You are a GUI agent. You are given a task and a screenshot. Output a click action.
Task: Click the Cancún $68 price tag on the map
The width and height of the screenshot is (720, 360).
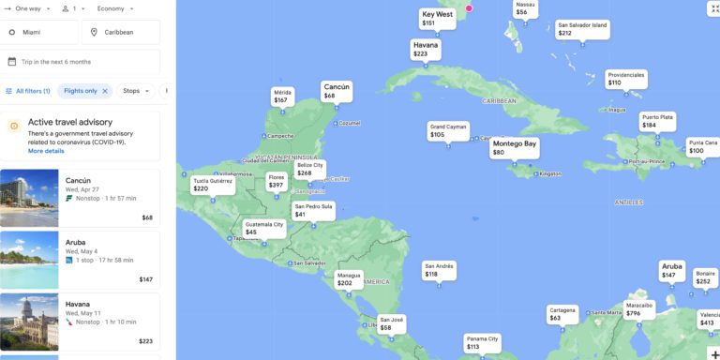click(337, 91)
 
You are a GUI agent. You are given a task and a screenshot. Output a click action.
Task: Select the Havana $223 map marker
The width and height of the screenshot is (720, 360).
click(426, 49)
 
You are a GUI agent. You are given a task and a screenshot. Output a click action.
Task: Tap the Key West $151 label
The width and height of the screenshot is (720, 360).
click(437, 18)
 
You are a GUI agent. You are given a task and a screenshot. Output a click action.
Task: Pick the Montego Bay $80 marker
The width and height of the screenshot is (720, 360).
click(515, 147)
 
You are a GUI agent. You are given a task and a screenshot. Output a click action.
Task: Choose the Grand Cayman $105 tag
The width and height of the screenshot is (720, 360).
click(448, 130)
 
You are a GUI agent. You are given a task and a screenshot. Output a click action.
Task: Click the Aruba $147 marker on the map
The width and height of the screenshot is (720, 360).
click(671, 270)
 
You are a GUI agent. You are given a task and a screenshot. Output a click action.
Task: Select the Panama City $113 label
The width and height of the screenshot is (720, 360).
click(483, 342)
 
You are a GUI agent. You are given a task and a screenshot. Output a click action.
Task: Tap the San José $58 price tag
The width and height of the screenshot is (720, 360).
click(392, 323)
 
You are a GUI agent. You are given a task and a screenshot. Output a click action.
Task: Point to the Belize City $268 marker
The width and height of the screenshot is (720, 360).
click(310, 169)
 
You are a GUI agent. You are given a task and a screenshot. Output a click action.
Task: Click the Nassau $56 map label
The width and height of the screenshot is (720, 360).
click(525, 8)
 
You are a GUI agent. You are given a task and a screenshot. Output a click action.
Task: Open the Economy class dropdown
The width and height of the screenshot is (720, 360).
click(114, 8)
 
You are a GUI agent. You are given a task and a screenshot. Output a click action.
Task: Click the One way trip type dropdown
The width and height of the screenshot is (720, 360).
click(25, 8)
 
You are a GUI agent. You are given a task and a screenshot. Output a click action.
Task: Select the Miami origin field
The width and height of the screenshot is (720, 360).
click(40, 32)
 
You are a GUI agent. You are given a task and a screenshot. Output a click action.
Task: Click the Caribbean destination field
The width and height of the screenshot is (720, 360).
click(121, 32)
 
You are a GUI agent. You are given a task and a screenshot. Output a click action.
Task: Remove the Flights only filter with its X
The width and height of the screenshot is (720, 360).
click(105, 91)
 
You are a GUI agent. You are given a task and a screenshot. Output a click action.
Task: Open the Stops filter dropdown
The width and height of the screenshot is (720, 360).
click(135, 91)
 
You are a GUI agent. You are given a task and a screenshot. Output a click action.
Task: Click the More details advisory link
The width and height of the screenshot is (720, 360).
click(46, 151)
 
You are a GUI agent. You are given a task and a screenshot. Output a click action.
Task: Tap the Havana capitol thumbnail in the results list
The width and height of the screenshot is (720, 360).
click(29, 322)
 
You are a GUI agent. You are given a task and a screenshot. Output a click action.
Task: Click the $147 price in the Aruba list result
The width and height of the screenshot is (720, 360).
click(145, 279)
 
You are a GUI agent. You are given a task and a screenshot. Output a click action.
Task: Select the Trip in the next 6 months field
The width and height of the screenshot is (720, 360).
click(80, 62)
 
